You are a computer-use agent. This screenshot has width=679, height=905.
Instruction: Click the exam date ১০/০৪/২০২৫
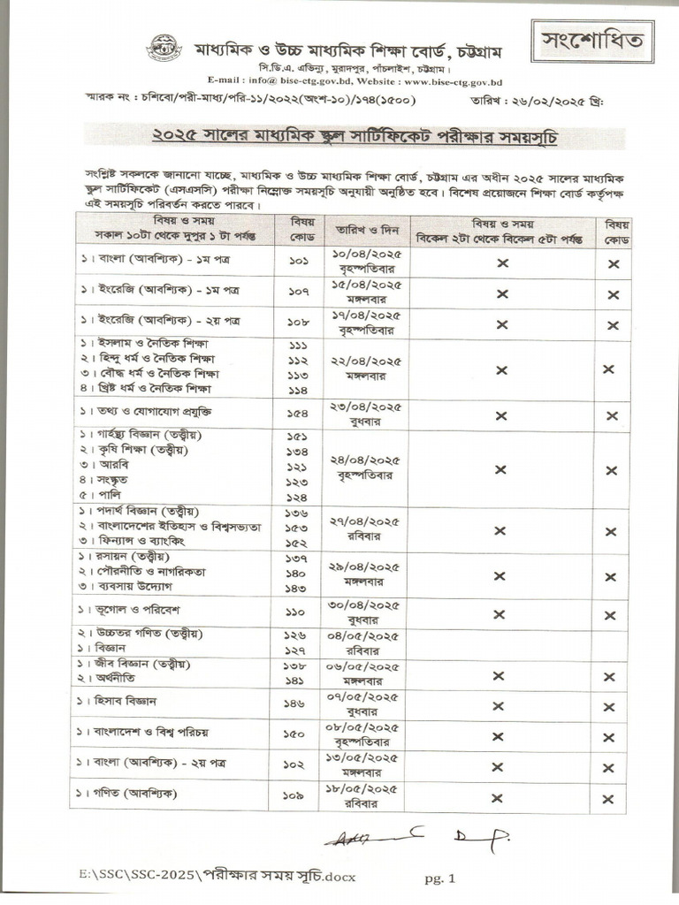[x=368, y=256]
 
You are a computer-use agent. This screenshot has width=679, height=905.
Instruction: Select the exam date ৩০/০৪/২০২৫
[x=368, y=605]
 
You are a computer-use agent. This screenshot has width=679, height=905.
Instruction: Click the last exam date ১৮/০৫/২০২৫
[x=368, y=788]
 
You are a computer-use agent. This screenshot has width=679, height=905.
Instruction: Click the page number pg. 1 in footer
[x=439, y=878]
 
